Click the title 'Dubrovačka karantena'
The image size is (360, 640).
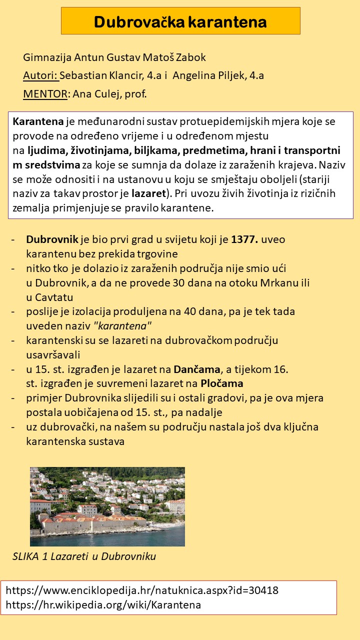180,22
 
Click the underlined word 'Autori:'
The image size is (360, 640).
41,75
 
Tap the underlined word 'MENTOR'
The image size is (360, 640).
45,94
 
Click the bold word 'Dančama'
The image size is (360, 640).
197,369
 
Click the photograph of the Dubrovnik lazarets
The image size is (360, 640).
107,506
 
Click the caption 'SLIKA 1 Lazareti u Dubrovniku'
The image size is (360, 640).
84,556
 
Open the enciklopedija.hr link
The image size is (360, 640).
142,590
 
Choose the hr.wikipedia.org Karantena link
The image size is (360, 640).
103,604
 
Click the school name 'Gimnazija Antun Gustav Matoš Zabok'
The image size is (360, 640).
114,57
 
